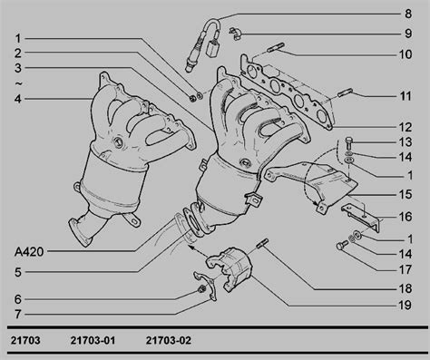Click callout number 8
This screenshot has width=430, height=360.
point(408,14)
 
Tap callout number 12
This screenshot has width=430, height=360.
point(406,127)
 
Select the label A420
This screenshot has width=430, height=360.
point(29,251)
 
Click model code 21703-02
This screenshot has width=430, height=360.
point(169,341)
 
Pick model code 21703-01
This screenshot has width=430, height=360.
point(93,341)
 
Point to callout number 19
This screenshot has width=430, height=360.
point(406,306)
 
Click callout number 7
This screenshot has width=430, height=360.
point(18,315)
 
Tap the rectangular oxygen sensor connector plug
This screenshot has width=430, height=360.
point(212,47)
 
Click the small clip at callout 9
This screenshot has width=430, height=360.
point(235,34)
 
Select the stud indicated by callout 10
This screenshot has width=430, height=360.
point(276,48)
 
